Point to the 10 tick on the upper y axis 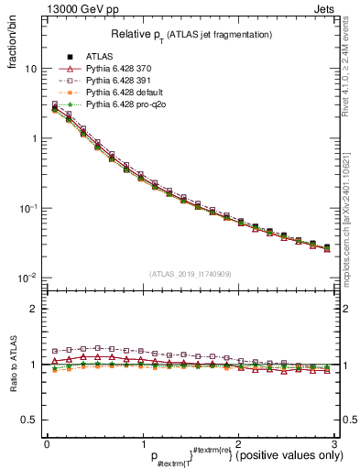click(x=30, y=69)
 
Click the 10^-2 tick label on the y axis click(x=27, y=278)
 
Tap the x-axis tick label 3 click(x=333, y=443)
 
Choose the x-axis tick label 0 click(x=47, y=443)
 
